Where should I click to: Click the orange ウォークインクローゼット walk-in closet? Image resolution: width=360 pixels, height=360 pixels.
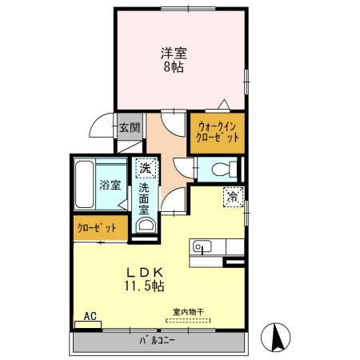218,132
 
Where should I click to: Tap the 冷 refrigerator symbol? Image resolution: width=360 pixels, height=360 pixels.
232,196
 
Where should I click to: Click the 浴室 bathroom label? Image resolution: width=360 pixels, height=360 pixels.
110,185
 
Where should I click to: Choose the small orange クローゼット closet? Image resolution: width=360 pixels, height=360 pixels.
98,228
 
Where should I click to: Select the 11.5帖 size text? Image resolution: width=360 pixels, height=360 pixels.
144,285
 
